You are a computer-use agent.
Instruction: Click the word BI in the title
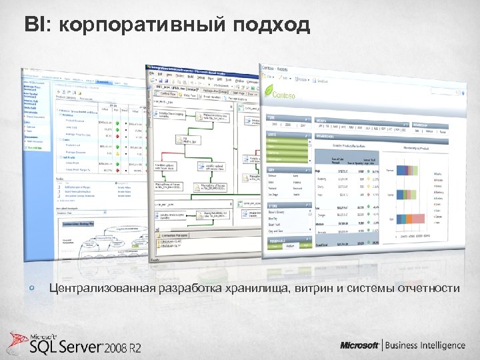[34, 25]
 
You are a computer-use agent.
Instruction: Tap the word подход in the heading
[272, 25]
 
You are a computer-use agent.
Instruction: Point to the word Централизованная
[101, 288]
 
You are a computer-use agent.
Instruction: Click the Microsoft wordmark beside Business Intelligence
[360, 345]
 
